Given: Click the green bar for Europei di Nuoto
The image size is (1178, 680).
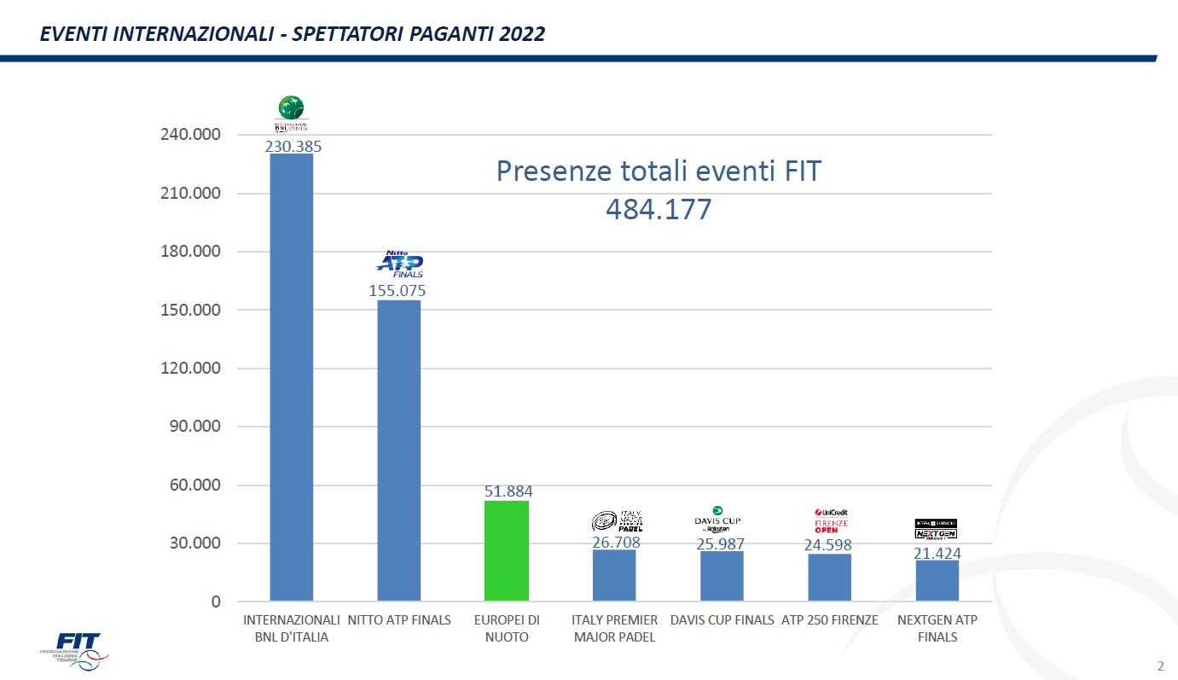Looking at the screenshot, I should coord(506,550).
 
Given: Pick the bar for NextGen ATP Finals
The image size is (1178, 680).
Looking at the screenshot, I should coord(937,580).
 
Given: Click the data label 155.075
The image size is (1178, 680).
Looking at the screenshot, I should coord(398,291).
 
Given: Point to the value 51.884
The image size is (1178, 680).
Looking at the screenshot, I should coord(508,491).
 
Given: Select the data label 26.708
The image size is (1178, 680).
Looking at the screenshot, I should coord(616,543).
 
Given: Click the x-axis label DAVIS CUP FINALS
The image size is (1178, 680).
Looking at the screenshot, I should coord(722,620).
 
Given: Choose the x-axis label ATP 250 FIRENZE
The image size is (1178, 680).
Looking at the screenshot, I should coord(829,620).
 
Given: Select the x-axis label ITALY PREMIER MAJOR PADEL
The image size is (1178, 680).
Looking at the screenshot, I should coord(614,629).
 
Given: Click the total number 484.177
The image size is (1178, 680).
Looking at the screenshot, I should coord(658,210).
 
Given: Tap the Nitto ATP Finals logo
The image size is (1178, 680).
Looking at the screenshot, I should coord(400,264).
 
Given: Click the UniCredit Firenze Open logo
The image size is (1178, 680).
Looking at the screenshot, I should coord(831,520).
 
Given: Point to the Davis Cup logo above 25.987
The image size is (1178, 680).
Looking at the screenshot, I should coord(718,520).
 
